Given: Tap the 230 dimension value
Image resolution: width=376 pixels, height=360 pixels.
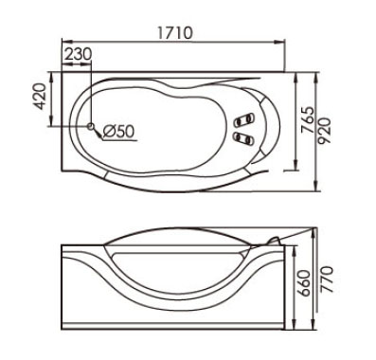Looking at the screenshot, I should tap(79, 54).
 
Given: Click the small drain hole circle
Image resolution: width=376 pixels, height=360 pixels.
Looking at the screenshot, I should tap(91, 126).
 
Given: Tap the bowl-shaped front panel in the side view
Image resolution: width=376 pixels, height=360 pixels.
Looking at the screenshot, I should tap(174, 284).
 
